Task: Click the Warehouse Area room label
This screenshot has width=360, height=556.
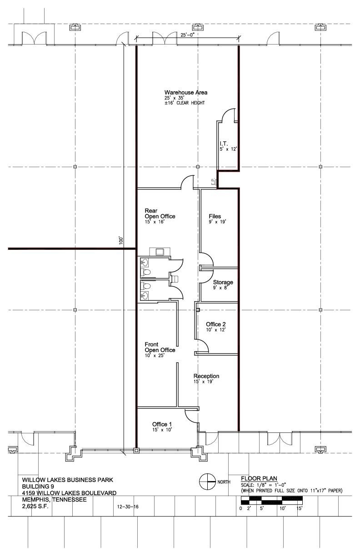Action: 186,92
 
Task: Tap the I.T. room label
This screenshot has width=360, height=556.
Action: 224,144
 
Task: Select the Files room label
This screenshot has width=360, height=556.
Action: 215,216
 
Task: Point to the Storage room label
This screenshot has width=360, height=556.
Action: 223,282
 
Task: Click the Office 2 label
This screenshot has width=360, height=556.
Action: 216,324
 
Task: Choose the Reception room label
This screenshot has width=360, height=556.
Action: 206,376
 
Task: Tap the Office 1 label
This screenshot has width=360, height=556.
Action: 162,424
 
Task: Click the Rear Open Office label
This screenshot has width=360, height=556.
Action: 160,213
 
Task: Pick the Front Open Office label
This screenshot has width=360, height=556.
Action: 160,347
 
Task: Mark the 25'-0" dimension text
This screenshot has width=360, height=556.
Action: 188,35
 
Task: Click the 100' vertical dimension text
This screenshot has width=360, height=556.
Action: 121,240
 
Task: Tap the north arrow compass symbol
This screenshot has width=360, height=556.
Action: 207,482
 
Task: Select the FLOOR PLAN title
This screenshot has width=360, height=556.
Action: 259,479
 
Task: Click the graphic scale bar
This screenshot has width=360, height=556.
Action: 272,500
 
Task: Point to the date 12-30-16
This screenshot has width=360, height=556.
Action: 128,506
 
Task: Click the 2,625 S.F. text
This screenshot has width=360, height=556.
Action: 35,506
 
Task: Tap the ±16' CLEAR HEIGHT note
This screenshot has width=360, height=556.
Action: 185,103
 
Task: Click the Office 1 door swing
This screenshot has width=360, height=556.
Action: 191,416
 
